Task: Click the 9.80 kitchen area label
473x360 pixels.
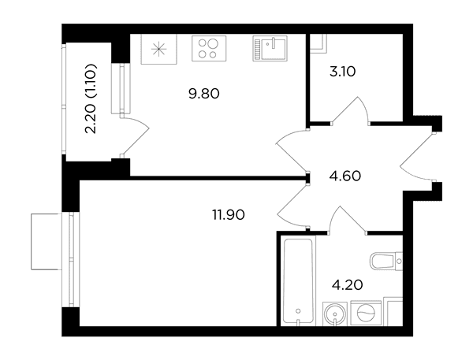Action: point(204,94)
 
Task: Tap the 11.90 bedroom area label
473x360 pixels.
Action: point(229,215)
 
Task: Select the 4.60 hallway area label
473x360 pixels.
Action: point(345,176)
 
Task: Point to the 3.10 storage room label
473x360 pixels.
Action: point(343,72)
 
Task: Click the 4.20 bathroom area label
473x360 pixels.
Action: point(347,284)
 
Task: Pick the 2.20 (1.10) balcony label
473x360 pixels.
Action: point(90,98)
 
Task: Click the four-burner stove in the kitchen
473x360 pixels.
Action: point(209,48)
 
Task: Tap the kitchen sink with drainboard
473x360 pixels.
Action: point(270,48)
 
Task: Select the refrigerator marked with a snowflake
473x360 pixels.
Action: point(158,49)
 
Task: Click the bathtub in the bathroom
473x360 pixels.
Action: point(298,280)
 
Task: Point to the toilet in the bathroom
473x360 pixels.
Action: point(386,261)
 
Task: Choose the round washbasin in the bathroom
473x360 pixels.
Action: point(335,314)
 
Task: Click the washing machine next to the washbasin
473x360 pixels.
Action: point(366,313)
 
